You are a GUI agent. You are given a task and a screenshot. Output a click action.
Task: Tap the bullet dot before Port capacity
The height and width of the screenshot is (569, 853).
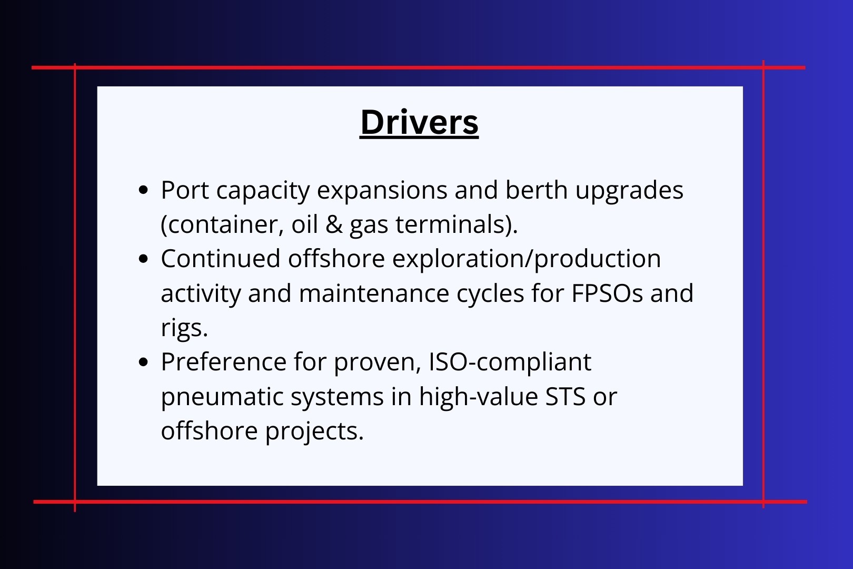144,190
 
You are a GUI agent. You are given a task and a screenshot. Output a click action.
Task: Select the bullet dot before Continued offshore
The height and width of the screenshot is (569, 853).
144,259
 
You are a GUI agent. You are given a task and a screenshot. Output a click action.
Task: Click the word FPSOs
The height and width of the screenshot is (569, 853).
607,293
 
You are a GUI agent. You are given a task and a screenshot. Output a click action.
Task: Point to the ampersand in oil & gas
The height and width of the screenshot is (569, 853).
334,224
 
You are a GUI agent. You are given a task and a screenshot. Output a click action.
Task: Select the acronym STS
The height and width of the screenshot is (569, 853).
565,396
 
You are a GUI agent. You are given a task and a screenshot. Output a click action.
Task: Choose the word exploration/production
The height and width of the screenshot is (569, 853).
527,260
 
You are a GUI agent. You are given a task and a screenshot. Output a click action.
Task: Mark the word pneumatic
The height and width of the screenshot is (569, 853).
222,397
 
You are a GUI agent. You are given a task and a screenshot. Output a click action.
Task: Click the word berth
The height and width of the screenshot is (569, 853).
536,190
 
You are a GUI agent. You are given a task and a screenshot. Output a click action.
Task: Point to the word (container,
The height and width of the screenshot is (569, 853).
222,225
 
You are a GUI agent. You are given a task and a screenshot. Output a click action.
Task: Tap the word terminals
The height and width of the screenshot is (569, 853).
457,225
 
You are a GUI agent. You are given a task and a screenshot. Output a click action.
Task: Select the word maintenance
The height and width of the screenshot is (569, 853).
374,293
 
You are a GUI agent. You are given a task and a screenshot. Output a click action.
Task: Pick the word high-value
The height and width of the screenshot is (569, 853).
479,397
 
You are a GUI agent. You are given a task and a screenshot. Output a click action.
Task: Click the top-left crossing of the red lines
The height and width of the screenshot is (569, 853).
75,68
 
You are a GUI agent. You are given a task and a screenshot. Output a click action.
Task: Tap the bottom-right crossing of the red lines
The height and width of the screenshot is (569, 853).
763,502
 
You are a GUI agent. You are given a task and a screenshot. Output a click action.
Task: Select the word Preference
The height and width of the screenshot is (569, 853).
224,361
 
